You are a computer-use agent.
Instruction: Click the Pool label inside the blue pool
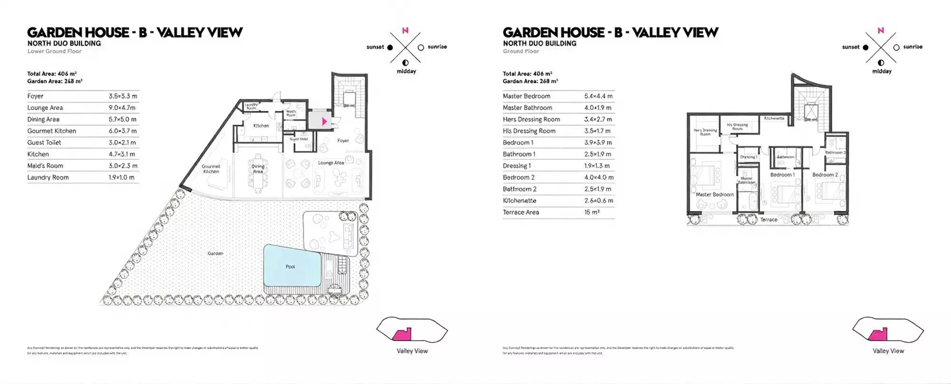tap(290, 267)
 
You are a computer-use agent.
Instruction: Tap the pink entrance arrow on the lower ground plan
tap(324, 121)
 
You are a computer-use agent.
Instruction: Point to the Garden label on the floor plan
tap(215, 253)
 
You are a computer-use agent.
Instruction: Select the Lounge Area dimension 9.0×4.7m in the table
tap(122, 108)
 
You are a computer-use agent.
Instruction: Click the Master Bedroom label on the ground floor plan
tap(715, 194)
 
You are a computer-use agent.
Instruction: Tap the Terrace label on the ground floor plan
tap(768, 220)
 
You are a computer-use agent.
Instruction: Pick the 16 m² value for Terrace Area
tap(592, 212)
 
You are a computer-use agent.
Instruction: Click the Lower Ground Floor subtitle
tap(54, 51)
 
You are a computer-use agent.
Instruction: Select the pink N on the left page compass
tap(405, 30)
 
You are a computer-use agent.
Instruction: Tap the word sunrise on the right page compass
tap(912, 47)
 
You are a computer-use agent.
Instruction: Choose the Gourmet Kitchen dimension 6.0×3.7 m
tap(123, 131)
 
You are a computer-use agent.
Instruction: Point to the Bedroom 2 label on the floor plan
tap(825, 175)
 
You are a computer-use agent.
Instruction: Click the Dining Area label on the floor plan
tap(258, 169)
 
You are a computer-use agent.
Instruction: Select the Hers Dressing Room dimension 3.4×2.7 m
tap(598, 119)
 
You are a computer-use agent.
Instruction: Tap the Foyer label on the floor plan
tap(343, 141)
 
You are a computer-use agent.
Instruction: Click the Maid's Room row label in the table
tap(45, 166)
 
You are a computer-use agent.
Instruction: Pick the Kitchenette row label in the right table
tap(519, 201)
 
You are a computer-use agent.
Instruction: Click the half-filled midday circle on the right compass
tap(881, 63)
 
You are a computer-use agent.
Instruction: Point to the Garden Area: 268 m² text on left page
tap(55, 81)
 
